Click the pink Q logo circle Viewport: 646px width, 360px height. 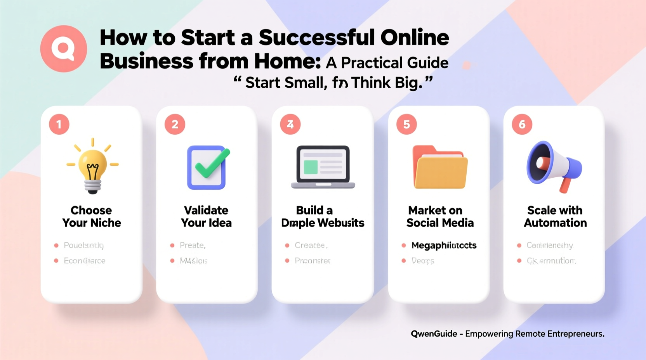click(x=64, y=49)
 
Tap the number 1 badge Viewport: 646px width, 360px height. click(x=59, y=125)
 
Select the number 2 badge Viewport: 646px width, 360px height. click(x=175, y=125)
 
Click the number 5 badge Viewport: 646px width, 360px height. click(x=406, y=125)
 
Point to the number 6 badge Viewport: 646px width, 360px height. click(x=522, y=125)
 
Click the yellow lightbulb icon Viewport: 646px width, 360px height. click(x=92, y=167)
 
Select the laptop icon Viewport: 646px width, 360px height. click(x=323, y=167)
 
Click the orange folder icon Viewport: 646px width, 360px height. click(x=440, y=168)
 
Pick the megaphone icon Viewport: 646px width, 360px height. click(x=553, y=166)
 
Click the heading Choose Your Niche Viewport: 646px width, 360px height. click(x=92, y=216)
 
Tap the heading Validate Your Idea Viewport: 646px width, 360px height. click(x=206, y=216)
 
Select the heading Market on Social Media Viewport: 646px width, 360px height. click(x=440, y=216)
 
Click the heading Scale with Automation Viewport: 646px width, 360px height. click(x=555, y=216)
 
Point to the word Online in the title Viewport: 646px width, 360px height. click(x=415, y=38)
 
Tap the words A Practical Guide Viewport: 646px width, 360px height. click(x=387, y=63)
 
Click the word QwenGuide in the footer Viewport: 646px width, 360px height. click(x=434, y=334)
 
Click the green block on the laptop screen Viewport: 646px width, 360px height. click(x=311, y=167)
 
